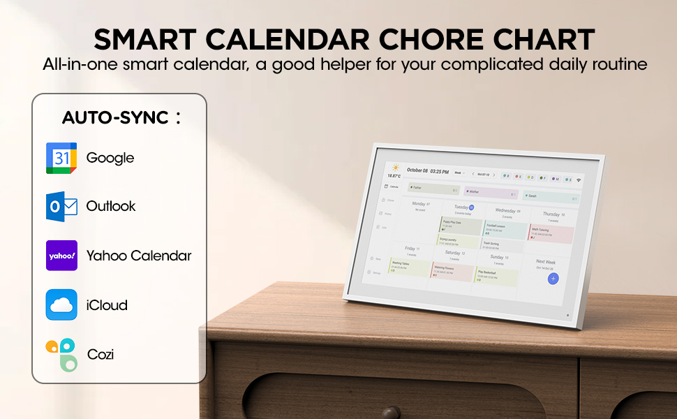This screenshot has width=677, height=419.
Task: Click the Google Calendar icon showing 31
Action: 61,158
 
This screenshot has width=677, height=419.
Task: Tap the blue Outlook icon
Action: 61,207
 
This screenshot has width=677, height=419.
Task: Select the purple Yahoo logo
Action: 61,256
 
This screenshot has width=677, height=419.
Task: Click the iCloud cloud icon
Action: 61,304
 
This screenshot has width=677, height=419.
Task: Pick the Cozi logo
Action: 61,354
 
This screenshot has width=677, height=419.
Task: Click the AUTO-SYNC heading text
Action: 116,117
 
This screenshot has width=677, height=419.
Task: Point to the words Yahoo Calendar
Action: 138,256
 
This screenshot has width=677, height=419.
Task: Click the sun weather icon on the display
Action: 396,168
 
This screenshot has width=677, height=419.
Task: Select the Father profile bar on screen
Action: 433,188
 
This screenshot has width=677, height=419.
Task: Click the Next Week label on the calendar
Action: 546,262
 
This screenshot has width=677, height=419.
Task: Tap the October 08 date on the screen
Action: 417,170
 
